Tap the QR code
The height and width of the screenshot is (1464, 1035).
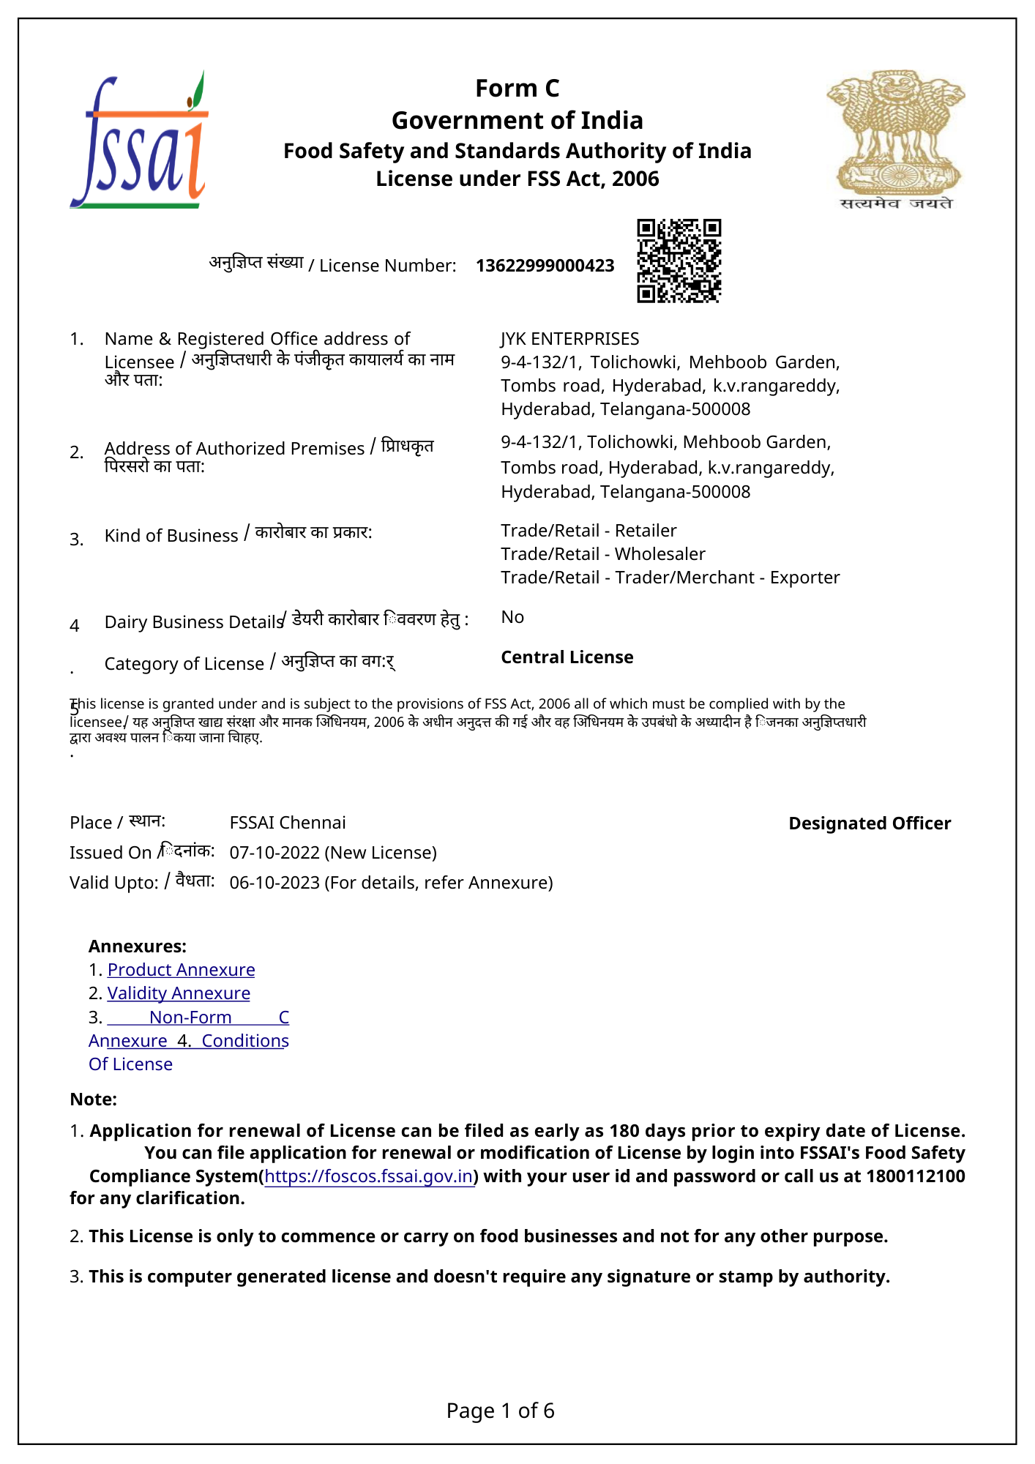point(679,260)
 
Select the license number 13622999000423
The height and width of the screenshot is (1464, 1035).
point(545,266)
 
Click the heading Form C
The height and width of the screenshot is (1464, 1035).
point(517,89)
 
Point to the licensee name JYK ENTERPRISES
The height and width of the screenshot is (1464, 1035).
point(569,339)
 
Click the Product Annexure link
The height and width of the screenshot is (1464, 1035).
point(181,970)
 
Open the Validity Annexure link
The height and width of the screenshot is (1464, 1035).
point(179,993)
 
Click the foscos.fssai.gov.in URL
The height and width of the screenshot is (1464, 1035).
point(368,1176)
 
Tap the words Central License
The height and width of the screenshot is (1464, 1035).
point(567,657)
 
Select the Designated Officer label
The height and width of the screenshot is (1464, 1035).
point(870,823)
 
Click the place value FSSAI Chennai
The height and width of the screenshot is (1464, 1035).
point(288,823)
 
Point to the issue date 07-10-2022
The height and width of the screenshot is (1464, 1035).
point(274,853)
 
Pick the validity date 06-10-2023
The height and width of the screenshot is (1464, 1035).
point(274,883)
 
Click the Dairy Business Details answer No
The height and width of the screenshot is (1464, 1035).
point(512,617)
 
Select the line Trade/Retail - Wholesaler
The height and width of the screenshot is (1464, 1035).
point(602,554)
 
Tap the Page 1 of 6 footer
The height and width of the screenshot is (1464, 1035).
point(501,1411)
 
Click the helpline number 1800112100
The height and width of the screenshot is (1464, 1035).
point(915,1176)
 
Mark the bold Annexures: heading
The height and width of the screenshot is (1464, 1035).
point(138,946)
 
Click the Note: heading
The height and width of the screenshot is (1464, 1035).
point(93,1099)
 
